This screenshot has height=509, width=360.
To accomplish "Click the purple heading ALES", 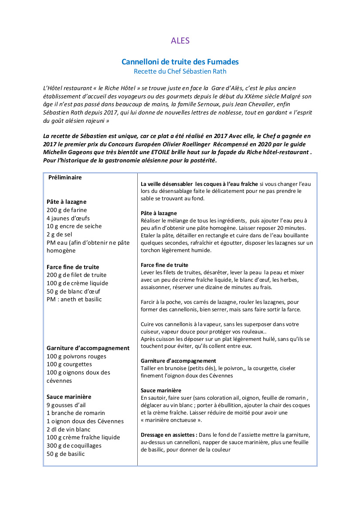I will point(180,40).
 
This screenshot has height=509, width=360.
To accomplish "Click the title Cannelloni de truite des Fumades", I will point(180,62).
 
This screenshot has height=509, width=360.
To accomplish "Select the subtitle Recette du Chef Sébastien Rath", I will point(180,71).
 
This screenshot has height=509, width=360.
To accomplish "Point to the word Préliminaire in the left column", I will point(65,177).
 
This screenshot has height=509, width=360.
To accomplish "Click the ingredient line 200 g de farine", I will point(67,210).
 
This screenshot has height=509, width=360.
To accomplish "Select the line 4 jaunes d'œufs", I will point(68,218).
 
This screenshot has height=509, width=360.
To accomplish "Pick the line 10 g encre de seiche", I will point(74,226).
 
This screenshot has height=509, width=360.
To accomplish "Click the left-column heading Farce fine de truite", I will point(73,267).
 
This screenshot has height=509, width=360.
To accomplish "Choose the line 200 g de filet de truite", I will point(76,275).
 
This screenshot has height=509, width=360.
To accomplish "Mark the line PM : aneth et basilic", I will point(74,299).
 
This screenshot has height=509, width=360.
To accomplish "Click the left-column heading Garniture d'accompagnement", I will point(88,348).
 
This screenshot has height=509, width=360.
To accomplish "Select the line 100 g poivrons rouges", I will point(76,356).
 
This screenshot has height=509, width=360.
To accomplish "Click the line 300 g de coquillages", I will point(74,445).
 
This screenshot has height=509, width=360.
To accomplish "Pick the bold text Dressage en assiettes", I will point(169,435).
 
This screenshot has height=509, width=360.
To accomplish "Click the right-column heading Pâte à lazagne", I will point(159,213).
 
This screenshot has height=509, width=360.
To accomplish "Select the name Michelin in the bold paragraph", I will point(55,152).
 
